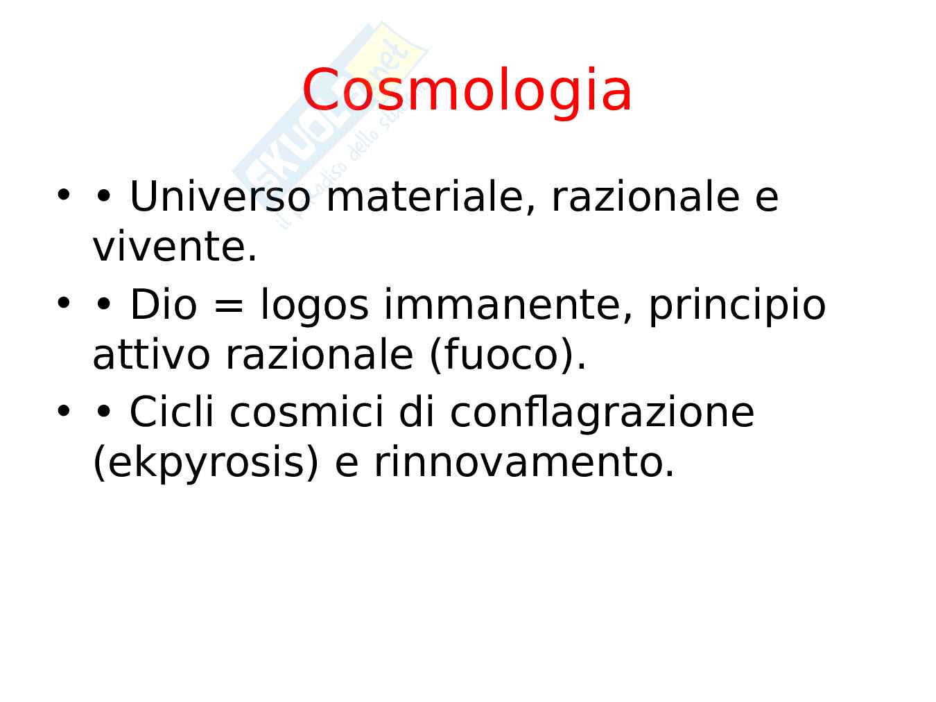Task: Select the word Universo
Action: click(x=220, y=197)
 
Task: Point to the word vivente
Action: click(x=175, y=247)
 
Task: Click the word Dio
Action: click(x=164, y=304)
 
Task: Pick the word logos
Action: click(x=314, y=306)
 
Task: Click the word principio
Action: click(x=737, y=306)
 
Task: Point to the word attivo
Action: click(x=151, y=355)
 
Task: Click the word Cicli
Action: click(x=171, y=412)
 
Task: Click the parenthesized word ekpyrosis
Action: click(x=205, y=464)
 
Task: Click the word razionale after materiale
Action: click(x=645, y=197)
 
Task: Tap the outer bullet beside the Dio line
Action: click(x=64, y=304)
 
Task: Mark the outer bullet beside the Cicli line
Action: click(x=64, y=411)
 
